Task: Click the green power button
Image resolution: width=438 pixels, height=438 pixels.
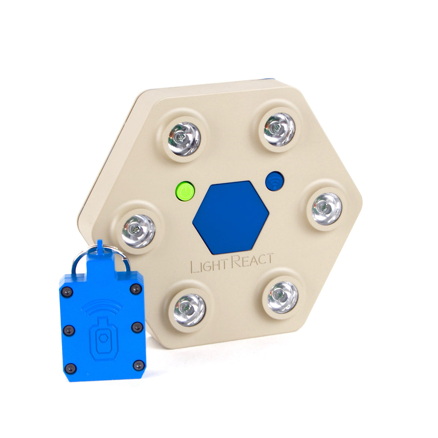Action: (185, 191)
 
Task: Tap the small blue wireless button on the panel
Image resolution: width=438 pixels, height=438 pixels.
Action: (274, 181)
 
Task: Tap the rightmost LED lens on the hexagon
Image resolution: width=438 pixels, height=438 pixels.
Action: (326, 208)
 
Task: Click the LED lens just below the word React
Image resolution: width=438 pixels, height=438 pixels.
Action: (282, 297)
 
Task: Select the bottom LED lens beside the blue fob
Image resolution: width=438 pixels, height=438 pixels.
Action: (189, 310)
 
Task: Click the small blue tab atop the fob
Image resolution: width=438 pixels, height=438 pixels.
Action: (100, 246)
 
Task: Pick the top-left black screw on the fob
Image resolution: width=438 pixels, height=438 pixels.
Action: (67, 292)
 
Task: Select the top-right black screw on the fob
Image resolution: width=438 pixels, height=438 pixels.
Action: (136, 289)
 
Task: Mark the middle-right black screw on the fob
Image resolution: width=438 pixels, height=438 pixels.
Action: (137, 327)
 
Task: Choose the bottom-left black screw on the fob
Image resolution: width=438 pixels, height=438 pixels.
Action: (70, 368)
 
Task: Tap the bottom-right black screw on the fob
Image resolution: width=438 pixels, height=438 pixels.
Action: (139, 365)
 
